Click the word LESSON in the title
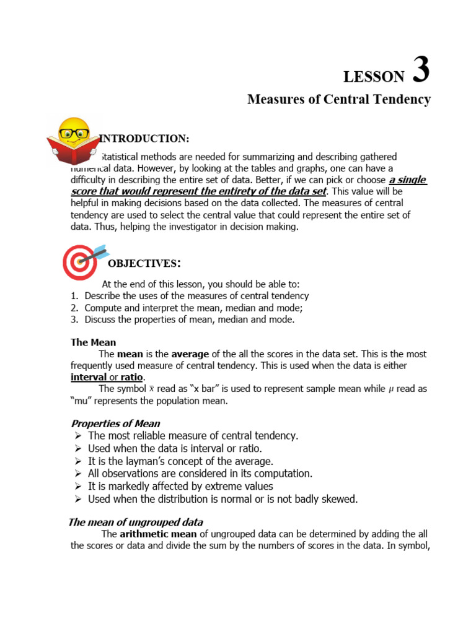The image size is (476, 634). coord(374,77)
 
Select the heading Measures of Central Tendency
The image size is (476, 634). coord(338,100)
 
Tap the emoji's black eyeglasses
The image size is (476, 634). coord(73,132)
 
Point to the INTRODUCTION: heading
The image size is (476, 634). coord(144,137)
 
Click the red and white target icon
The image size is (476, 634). coord(80,263)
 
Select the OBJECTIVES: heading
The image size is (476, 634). coord(144,264)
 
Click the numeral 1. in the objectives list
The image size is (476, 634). coord(74,296)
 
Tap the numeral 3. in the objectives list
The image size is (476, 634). coord(74,319)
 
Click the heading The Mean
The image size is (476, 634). coord(93,342)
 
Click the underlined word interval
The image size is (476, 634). coord(89,377)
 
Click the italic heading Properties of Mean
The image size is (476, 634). coord(115,424)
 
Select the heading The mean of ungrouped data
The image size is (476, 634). coord(135,522)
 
